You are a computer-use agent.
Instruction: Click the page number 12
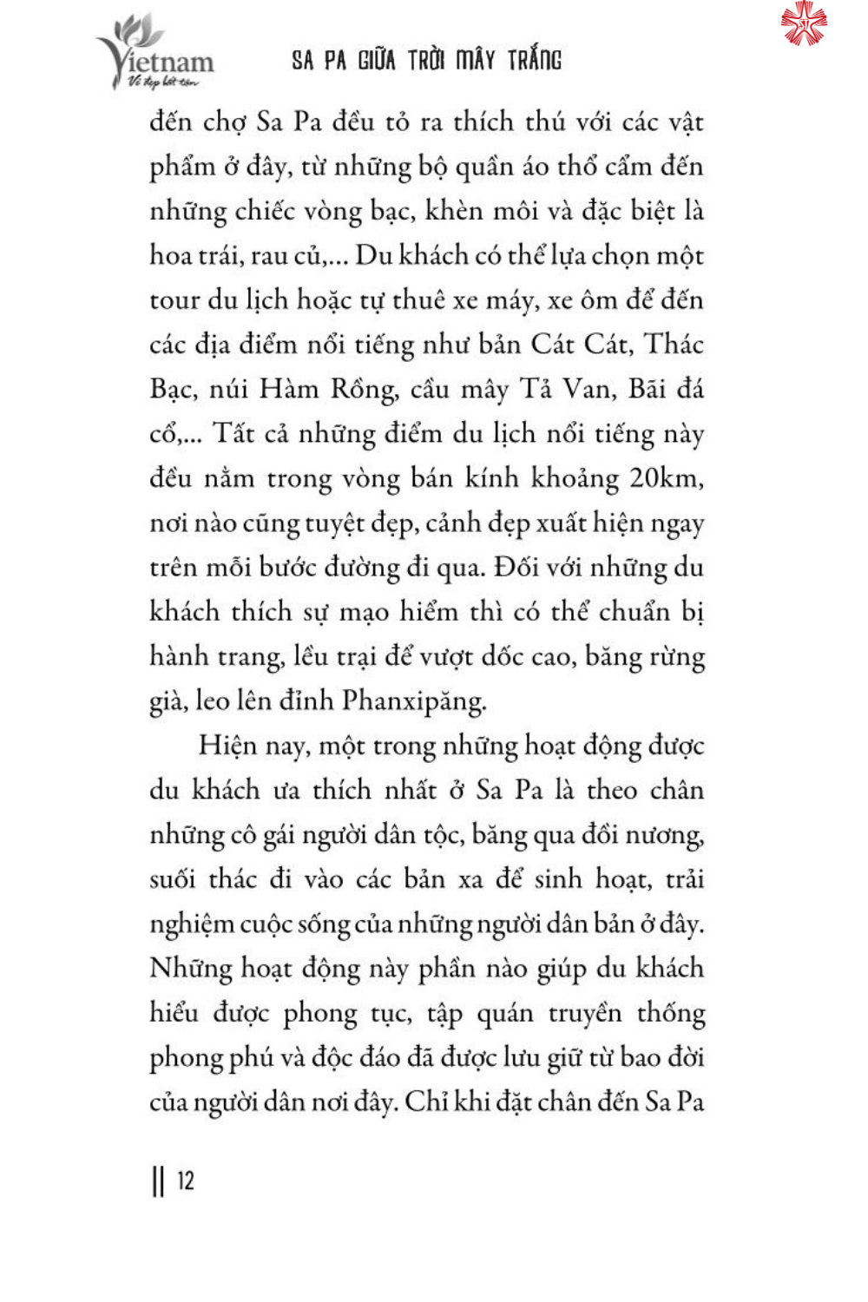(186, 1181)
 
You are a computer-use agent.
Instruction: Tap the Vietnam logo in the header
(156, 54)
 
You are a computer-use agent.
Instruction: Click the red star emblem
(804, 23)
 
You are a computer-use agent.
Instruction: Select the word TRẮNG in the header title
(535, 60)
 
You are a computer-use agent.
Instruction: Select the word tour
(174, 300)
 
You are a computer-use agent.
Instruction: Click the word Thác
(673, 345)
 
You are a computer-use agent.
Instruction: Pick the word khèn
(454, 211)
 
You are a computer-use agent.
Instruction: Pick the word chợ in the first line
(224, 122)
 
